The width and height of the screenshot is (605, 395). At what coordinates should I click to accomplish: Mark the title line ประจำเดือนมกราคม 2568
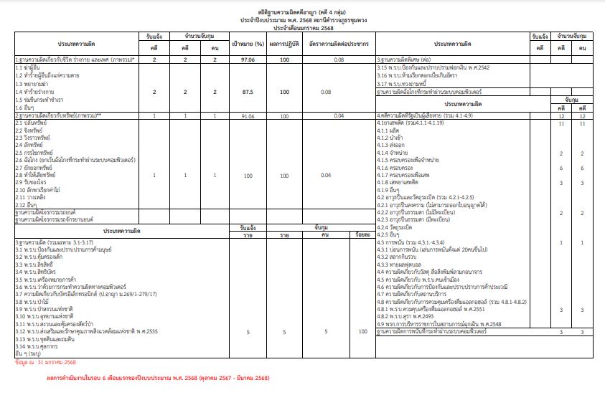click(302, 27)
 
